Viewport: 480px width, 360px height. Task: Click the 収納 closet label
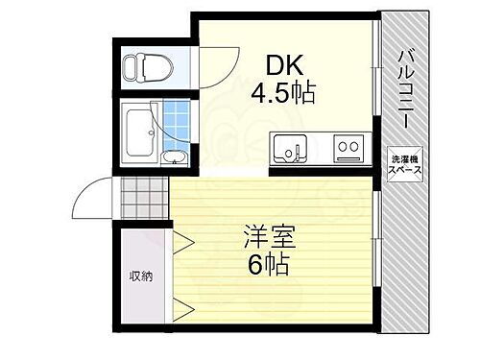(141, 276)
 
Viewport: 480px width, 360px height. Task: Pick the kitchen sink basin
(291, 149)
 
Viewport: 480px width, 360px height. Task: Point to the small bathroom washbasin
(175, 156)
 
